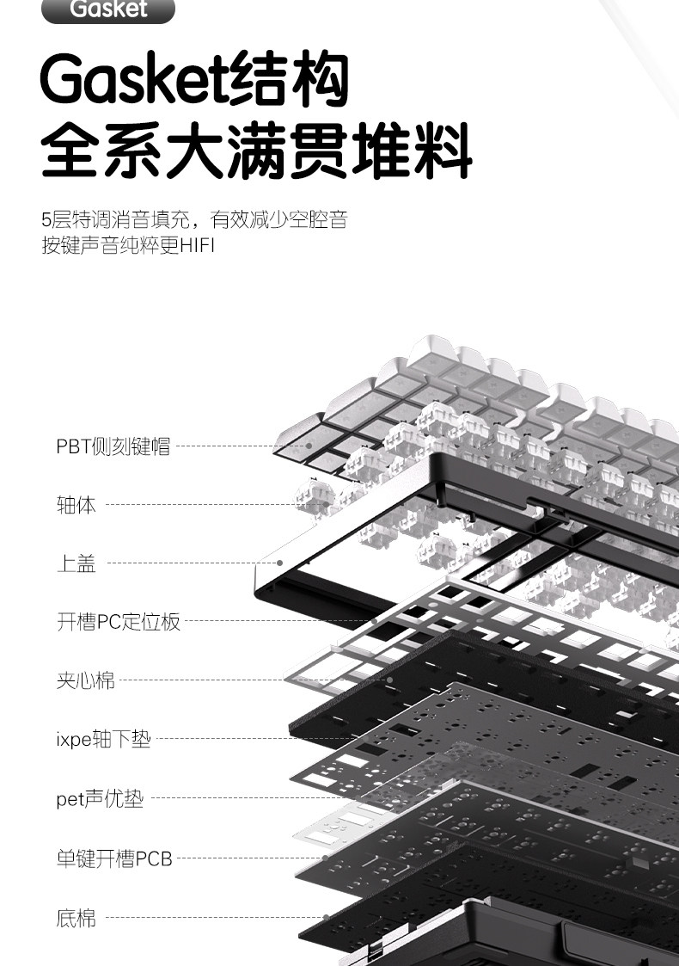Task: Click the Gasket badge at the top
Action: click(x=108, y=9)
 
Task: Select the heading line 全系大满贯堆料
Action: click(x=256, y=151)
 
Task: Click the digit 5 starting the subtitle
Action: click(x=46, y=220)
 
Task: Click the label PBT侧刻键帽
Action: click(x=113, y=446)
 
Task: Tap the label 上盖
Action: click(x=76, y=563)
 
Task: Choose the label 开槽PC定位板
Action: click(x=119, y=622)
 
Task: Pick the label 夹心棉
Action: click(x=85, y=680)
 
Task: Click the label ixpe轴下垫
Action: click(x=103, y=739)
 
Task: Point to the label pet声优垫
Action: click(x=100, y=799)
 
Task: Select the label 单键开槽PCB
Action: click(x=114, y=858)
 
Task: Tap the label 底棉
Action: click(x=76, y=918)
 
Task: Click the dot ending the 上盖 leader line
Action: click(x=280, y=563)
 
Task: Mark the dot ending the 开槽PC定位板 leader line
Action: click(x=375, y=621)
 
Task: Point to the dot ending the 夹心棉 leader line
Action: click(x=389, y=680)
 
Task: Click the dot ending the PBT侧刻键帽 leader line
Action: click(x=310, y=446)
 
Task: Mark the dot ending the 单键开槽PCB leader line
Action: click(x=325, y=858)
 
